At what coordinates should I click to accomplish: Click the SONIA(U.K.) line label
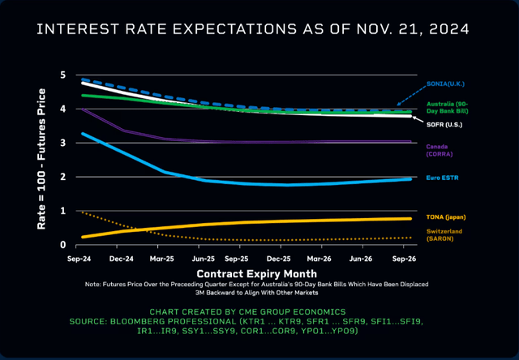coord(444,84)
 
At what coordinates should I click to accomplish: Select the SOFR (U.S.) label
coord(445,125)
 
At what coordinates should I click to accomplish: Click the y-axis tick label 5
coord(62,75)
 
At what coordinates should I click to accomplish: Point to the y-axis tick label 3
coord(62,143)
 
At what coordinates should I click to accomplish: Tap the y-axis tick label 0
coord(62,244)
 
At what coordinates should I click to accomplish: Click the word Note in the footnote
coord(93,285)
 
